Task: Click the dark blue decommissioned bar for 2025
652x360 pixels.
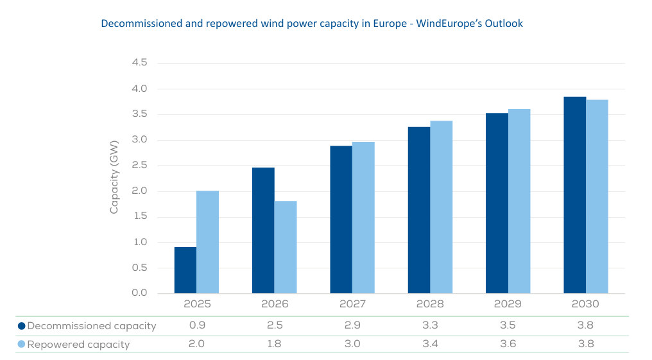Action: [185, 270]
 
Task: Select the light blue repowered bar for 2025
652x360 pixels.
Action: [207, 242]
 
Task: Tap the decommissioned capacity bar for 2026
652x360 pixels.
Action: [263, 230]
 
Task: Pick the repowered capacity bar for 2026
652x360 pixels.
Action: [286, 247]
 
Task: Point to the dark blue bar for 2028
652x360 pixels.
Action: [419, 210]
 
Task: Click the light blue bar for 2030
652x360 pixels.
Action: [597, 196]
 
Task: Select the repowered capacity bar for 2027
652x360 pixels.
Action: [363, 218]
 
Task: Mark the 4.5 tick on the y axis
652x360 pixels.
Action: [139, 63]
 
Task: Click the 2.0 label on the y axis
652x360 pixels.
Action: [139, 191]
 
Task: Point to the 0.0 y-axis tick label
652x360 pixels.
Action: [139, 293]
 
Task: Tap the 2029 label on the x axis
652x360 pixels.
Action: [508, 304]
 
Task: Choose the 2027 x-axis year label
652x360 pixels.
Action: [352, 304]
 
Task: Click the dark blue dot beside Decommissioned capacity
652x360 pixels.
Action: [21, 326]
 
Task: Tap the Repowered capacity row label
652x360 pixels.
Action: [78, 345]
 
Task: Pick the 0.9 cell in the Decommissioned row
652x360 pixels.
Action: [196, 325]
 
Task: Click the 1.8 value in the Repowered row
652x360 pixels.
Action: [275, 344]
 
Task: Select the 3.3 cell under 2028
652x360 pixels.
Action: [430, 325]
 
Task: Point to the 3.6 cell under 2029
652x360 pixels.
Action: [508, 344]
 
